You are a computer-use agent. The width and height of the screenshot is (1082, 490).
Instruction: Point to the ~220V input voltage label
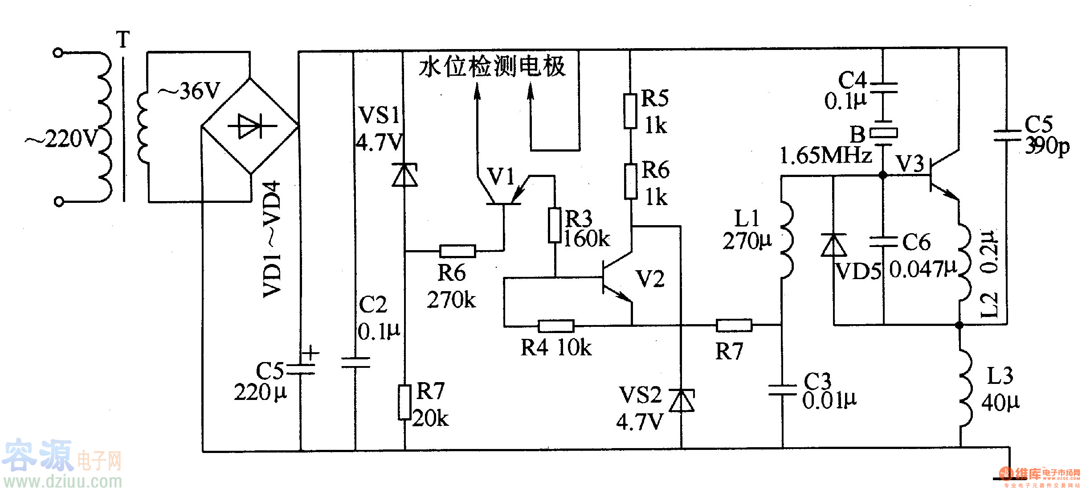click(x=61, y=139)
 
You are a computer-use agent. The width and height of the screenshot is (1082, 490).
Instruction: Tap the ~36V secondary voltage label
click(x=190, y=91)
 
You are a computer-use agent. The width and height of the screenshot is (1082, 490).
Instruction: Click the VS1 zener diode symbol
click(x=404, y=174)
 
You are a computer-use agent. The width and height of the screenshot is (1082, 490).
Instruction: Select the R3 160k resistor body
click(x=555, y=225)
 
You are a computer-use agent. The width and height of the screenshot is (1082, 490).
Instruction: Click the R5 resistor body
click(x=630, y=111)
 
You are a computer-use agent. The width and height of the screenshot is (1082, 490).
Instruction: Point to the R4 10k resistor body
click(x=555, y=326)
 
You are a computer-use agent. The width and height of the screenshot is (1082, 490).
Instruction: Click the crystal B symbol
click(x=884, y=133)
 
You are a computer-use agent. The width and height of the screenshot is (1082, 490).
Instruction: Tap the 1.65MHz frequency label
click(x=825, y=156)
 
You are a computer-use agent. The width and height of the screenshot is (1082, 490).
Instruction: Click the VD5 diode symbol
click(x=833, y=245)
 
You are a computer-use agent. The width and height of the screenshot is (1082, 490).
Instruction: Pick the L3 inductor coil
click(x=964, y=388)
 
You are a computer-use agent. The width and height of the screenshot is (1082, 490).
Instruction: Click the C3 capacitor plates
click(x=782, y=390)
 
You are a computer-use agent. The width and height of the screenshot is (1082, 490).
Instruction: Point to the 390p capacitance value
click(x=1047, y=146)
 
